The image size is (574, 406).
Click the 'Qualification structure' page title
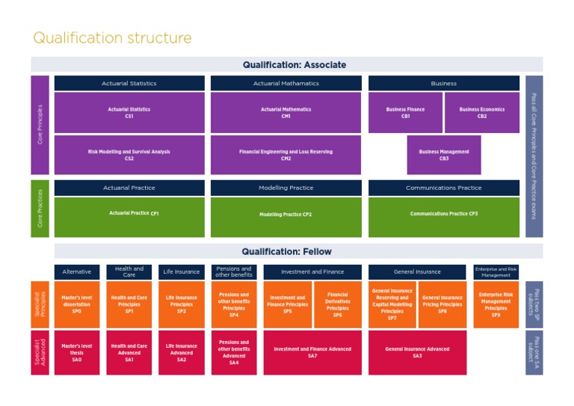coord(112,38)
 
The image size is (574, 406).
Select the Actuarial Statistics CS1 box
coord(129,113)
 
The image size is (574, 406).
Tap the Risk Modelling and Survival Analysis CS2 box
coord(129,155)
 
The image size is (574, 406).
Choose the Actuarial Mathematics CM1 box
coord(286,113)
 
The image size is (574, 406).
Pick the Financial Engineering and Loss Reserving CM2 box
coord(286,155)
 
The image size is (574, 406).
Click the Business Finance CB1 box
coord(405,113)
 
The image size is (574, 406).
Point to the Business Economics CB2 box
coord(482,113)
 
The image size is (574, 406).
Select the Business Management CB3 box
coord(444,155)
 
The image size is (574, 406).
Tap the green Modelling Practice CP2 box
coord(286,215)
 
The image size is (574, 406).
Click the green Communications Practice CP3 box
coord(444,215)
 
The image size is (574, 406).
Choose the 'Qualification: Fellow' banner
coord(286,251)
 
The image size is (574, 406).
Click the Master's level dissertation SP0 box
coord(76,304)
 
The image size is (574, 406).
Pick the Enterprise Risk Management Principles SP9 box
coord(496,304)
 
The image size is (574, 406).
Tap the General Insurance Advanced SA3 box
coord(417,352)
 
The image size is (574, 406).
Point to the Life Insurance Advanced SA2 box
coord(182,352)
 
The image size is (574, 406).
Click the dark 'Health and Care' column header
coord(129,272)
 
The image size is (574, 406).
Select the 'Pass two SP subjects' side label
coord(534,304)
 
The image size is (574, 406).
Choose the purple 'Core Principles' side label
coord(40,124)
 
